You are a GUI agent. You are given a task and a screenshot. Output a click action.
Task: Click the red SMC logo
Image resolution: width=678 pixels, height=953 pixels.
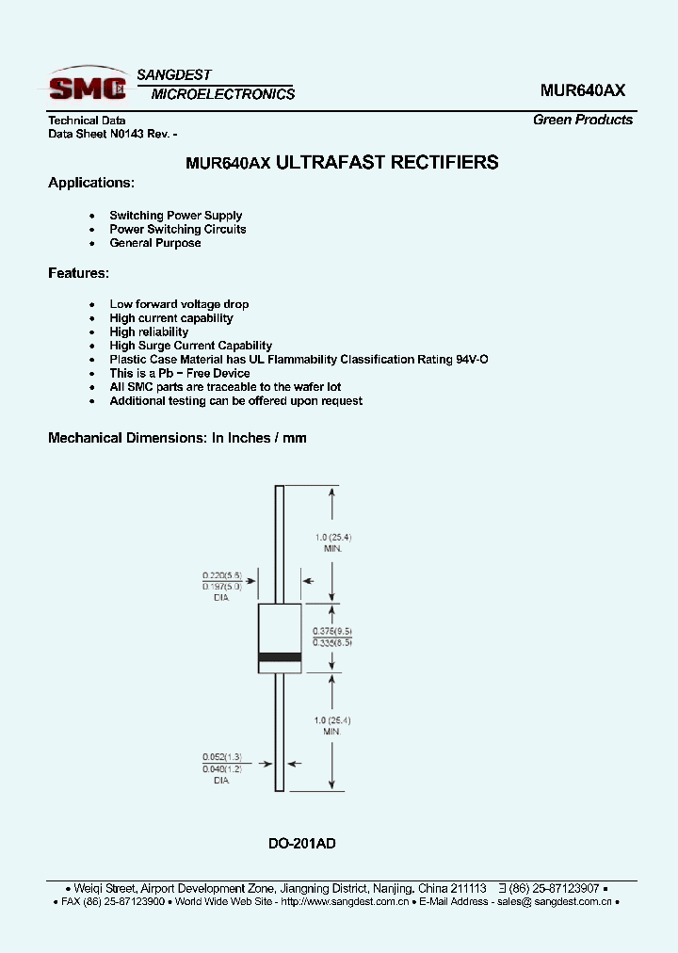[x=88, y=87]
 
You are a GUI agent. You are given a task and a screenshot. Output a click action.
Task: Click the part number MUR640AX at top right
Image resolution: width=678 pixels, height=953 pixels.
[x=582, y=90]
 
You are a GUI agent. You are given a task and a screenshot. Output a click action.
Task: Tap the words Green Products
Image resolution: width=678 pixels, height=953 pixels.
[x=583, y=120]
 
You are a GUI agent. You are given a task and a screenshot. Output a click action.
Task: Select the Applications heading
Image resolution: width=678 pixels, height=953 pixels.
[x=91, y=183]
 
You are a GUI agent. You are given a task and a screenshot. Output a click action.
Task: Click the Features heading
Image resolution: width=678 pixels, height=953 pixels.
[x=78, y=273]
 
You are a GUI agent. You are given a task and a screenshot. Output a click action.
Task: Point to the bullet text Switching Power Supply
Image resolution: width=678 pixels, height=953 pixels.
[x=176, y=216]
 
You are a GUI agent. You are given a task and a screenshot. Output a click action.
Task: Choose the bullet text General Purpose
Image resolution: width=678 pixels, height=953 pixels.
[x=155, y=243]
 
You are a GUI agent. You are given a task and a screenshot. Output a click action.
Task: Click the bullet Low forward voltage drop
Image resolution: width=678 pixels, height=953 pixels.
[x=179, y=304]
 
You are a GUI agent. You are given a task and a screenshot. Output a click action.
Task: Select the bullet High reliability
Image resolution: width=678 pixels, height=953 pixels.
[x=149, y=331]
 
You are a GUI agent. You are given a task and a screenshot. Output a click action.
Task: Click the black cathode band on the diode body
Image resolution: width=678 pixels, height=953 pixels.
[x=280, y=656]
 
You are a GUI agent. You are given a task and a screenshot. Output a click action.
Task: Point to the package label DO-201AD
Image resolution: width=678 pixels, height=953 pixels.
[x=302, y=844]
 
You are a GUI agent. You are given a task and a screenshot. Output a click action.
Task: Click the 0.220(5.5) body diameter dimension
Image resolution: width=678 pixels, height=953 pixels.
[x=222, y=574]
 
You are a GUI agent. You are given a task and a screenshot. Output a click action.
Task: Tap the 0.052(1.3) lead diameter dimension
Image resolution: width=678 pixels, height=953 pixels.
[x=222, y=756]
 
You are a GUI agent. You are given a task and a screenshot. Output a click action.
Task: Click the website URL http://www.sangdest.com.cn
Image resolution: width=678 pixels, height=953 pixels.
[x=344, y=902]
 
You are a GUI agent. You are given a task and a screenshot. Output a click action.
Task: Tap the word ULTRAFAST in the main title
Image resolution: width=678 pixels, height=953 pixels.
[x=320, y=163]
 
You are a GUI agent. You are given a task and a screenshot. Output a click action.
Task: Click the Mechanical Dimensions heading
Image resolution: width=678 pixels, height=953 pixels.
[x=177, y=438]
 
